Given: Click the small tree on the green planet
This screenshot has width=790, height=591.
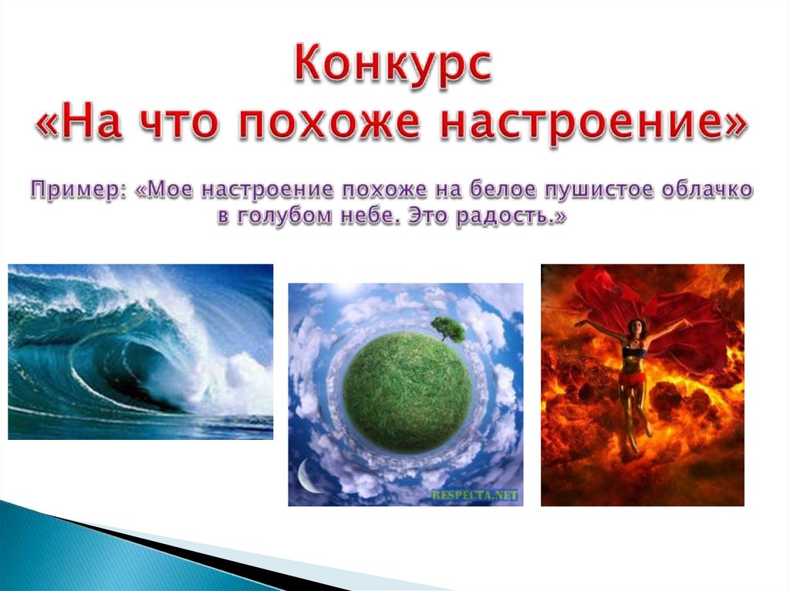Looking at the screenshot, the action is pos(448,328).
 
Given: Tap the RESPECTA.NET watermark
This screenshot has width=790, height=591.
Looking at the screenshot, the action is pos(474,495).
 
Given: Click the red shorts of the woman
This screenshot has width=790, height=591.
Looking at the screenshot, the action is pos(632,378).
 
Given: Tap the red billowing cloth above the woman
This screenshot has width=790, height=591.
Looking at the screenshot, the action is pos(655,307).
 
